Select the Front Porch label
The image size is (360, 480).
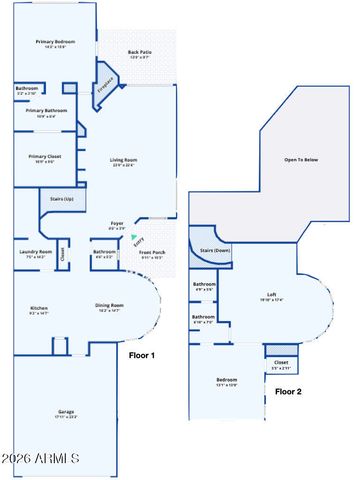[x=152, y=253]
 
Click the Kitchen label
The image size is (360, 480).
[x=38, y=309]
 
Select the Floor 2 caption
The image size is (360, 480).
[x=289, y=391]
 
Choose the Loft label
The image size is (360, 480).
[x=272, y=296]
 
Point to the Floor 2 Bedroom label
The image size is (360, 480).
[x=227, y=380]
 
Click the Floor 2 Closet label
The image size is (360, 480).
[x=281, y=363]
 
